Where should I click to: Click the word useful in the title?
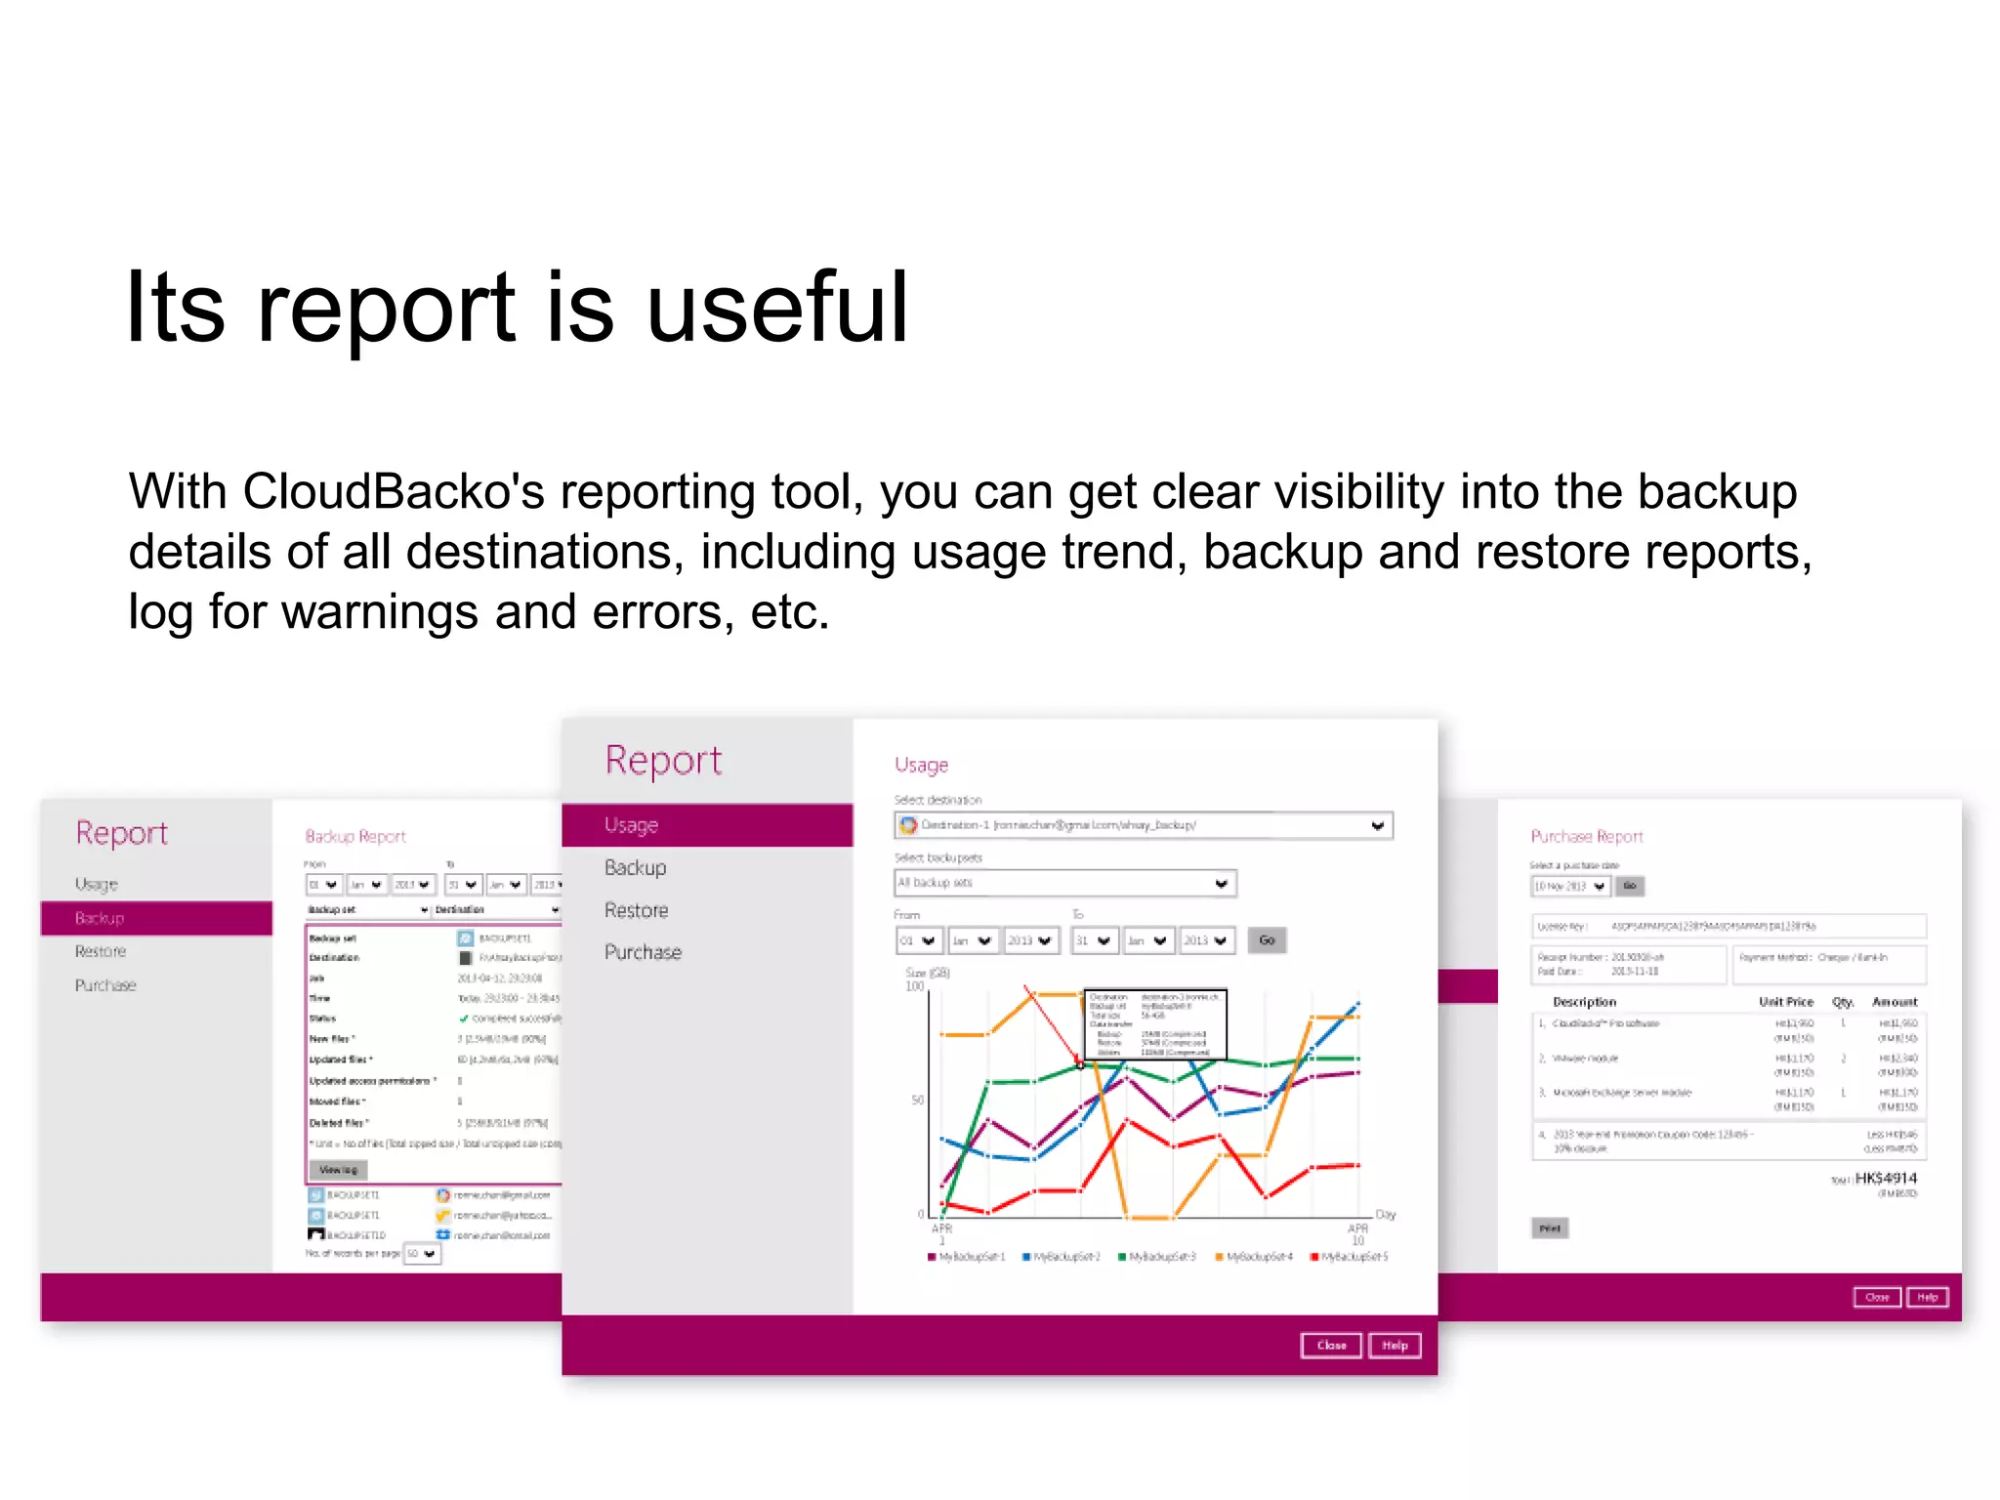777,309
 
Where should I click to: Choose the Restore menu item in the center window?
636,910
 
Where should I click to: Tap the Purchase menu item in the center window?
643,952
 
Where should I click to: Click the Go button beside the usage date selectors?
1267,940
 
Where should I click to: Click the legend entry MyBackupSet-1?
966,1257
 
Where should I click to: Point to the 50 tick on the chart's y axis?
917,1101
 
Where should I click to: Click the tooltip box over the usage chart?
1155,1023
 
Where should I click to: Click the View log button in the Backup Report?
338,1169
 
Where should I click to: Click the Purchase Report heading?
1586,837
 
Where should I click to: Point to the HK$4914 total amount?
1885,1179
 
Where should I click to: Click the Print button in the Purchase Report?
1550,1229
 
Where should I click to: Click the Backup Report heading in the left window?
355,837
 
